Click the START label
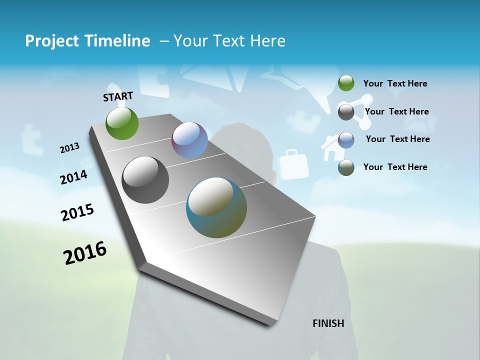(118, 96)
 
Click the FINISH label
(328, 323)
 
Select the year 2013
(69, 148)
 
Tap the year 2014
(73, 177)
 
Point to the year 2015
(77, 212)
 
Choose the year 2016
(85, 253)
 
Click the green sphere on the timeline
(122, 123)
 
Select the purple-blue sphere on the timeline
(189, 140)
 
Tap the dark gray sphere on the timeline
(145, 180)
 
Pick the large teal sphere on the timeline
(216, 207)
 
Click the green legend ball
(346, 83)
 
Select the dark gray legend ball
(346, 112)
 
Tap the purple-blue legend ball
(346, 139)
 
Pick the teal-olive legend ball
(346, 167)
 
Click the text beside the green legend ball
(395, 83)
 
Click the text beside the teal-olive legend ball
(395, 167)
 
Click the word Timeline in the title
(119, 41)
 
